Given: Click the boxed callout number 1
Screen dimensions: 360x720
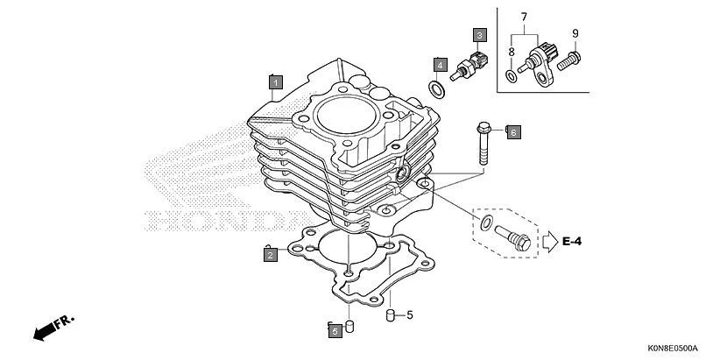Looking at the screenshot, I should coord(275,82).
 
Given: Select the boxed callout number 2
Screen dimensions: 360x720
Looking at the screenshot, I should coord(271,255).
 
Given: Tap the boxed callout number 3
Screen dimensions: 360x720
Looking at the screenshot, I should coord(479,36).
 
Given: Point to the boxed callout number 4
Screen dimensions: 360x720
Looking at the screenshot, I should coord(439,65).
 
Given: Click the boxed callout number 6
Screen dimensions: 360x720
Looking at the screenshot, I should coord(513,132).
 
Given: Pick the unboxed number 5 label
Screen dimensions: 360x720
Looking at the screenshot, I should coord(409,314).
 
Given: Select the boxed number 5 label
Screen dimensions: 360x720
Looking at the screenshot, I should coord(334,330).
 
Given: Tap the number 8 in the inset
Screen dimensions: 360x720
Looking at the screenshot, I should coord(512,53).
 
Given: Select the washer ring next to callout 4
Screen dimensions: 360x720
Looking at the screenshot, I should coord(434,88).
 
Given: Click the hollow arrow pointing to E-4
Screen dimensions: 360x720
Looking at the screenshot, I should coord(547,240).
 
